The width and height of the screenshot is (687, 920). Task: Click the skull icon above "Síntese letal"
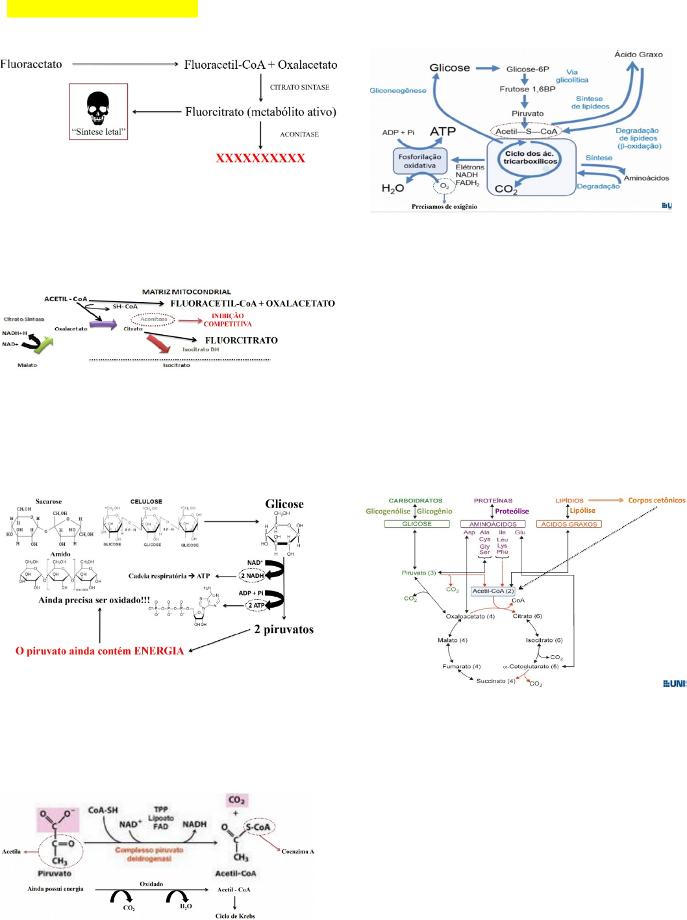click(98, 108)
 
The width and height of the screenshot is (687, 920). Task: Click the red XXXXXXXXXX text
click(260, 158)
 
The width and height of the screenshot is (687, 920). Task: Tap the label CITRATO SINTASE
click(299, 87)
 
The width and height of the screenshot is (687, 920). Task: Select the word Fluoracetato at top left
click(31, 64)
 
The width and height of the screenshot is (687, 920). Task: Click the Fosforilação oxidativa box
click(419, 161)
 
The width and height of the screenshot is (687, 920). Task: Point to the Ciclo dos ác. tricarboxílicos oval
click(530, 158)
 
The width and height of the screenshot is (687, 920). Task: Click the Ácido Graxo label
click(638, 55)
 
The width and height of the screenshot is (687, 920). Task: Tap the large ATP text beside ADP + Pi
click(442, 132)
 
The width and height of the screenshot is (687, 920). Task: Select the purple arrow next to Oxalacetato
click(103, 324)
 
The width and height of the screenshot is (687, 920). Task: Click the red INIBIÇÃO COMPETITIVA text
click(227, 320)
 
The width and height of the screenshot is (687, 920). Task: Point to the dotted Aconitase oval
click(153, 319)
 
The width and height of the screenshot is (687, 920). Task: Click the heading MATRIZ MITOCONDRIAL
click(186, 292)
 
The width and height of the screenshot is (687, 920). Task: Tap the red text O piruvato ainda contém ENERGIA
click(99, 651)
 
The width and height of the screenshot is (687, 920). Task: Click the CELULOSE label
click(146, 502)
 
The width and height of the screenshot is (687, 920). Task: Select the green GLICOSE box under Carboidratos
click(417, 524)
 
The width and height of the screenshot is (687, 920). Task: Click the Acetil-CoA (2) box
click(493, 591)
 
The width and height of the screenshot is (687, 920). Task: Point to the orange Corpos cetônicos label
click(656, 501)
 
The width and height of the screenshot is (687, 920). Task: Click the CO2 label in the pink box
click(236, 800)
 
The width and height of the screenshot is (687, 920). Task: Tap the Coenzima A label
click(297, 851)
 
